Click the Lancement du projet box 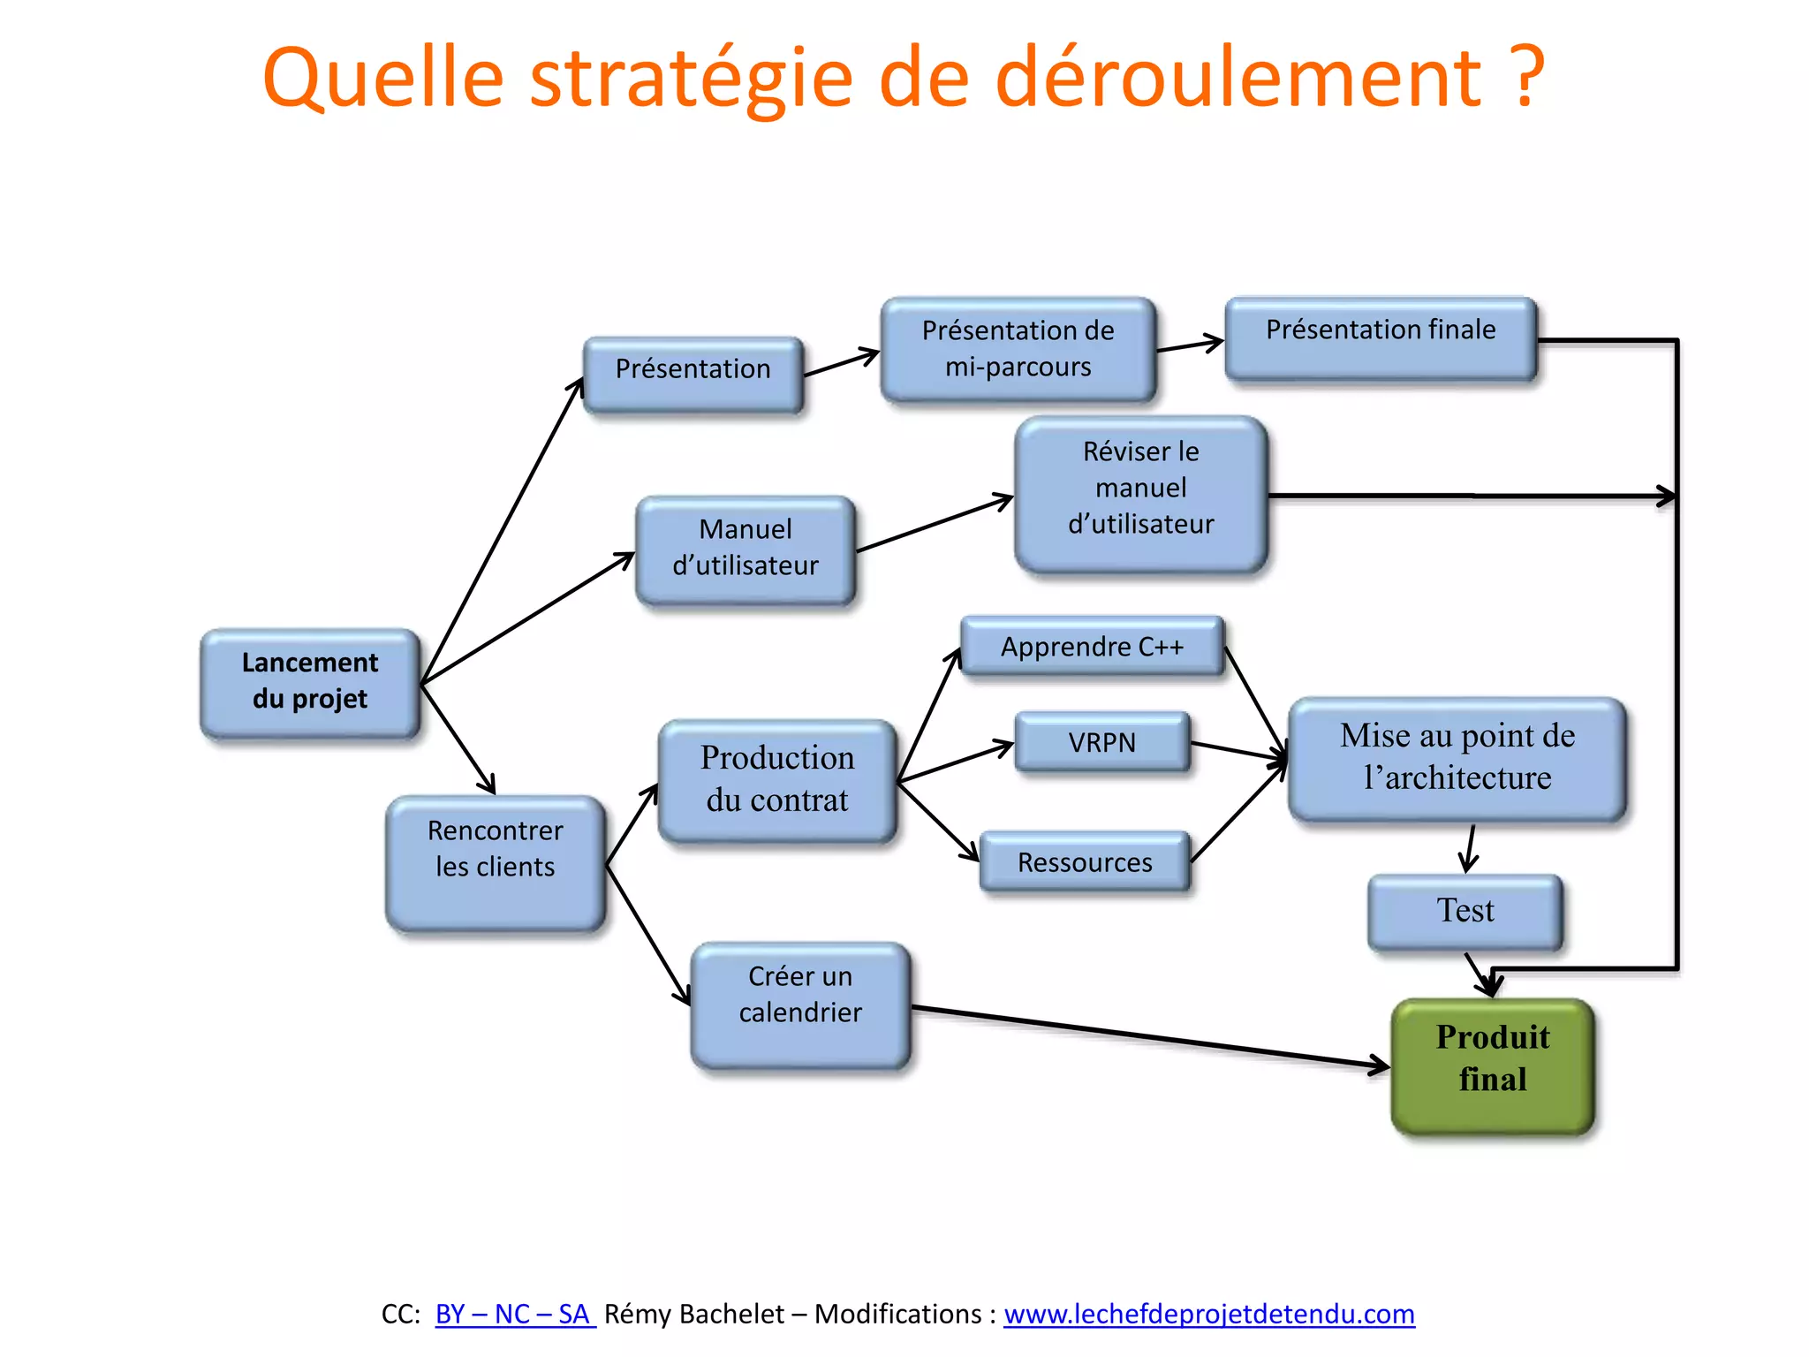(309, 682)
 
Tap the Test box (1465, 912)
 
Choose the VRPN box (1101, 742)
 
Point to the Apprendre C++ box (1092, 647)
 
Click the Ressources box (1085, 861)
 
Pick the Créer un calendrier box (800, 1004)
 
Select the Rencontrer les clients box (495, 861)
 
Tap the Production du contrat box (777, 780)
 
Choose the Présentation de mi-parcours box (1018, 349)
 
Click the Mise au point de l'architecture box (1457, 758)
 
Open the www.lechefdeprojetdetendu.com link (1208, 1314)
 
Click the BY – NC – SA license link (514, 1314)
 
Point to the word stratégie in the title (691, 78)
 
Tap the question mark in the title (1525, 78)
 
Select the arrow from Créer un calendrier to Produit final (1148, 1036)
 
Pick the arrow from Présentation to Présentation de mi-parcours (841, 363)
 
